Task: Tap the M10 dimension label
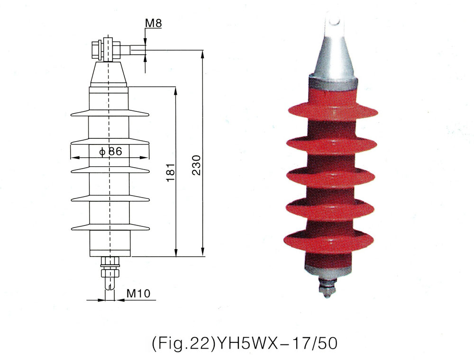coord(138,293)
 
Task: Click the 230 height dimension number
coord(198,165)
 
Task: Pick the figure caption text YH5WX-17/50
coord(244,343)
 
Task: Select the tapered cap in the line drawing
coord(109,74)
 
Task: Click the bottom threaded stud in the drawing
coord(110,279)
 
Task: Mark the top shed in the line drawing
coord(109,114)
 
